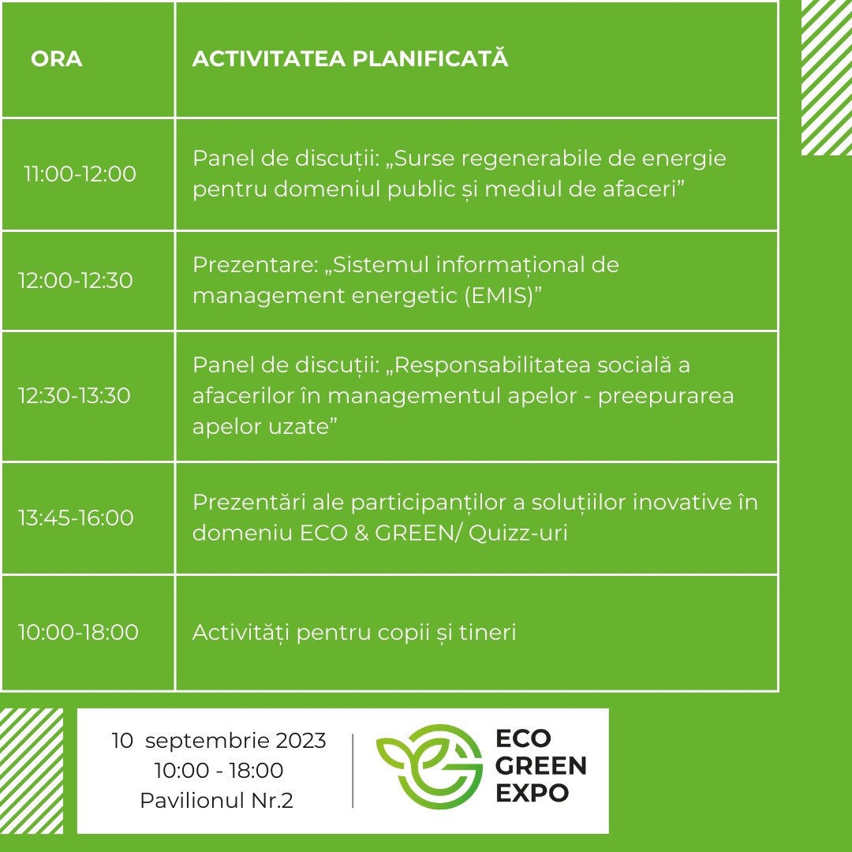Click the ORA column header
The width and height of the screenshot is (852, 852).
click(57, 58)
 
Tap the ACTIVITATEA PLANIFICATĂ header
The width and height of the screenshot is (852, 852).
click(350, 58)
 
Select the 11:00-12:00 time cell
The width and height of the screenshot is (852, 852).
click(80, 174)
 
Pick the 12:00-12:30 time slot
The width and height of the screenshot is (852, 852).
click(76, 280)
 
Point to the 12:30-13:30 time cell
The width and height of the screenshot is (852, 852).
click(74, 395)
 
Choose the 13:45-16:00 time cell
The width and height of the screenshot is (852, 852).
click(76, 518)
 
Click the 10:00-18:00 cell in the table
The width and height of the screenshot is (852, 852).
click(78, 632)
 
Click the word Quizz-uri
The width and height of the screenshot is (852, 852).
click(518, 533)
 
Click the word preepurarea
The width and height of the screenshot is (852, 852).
click(666, 397)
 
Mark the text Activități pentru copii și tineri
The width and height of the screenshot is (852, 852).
click(354, 633)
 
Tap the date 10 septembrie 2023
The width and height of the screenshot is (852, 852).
click(219, 741)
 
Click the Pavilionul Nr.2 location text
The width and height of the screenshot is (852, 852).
click(216, 801)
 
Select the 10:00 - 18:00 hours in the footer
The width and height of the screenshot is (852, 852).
click(219, 771)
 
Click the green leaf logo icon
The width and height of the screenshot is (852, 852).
click(429, 766)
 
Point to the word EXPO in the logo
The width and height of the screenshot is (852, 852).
click(532, 794)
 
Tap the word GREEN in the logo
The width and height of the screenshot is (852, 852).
click(540, 766)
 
